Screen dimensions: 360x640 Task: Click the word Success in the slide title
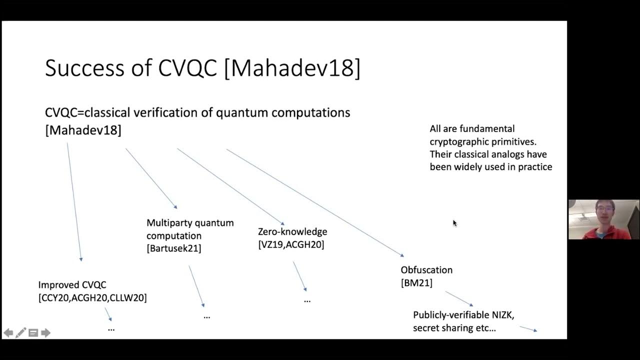(83, 68)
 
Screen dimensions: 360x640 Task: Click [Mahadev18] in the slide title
(292, 68)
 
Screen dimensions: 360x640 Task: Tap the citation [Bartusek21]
(174, 248)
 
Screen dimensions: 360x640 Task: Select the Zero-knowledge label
(292, 231)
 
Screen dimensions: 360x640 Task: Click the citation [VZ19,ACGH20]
(291, 244)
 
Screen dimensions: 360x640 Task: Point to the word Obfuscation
(426, 270)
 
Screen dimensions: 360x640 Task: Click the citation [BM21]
(416, 283)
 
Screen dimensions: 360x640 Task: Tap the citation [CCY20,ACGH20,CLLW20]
(92, 298)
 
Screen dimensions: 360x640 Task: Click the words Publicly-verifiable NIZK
(463, 315)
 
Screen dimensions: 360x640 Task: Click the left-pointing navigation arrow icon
(8, 333)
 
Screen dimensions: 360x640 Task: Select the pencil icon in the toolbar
(21, 333)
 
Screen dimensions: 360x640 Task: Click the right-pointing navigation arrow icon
(46, 333)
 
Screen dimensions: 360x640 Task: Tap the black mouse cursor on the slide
(454, 223)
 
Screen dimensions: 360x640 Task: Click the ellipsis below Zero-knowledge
(307, 300)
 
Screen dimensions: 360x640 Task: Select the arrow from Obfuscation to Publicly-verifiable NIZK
(458, 298)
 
